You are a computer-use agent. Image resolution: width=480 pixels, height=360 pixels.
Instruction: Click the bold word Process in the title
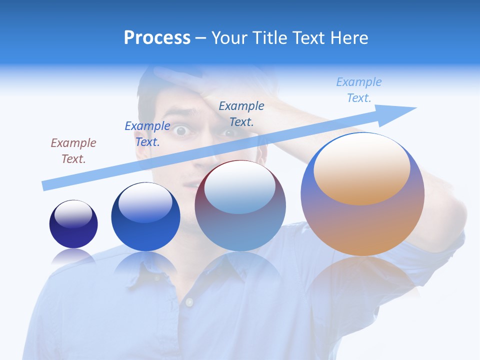point(157,38)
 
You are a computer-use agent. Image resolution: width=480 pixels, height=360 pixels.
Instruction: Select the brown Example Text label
point(73,151)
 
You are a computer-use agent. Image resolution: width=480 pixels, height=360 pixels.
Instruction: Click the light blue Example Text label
point(358,90)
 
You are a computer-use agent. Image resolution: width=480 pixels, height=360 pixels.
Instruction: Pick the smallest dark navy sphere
point(73,224)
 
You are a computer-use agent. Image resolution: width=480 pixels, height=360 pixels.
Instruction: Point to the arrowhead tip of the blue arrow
point(415,108)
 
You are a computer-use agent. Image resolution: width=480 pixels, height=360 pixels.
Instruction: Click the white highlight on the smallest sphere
point(73,213)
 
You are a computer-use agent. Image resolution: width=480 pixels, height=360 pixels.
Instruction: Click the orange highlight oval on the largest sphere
point(361,169)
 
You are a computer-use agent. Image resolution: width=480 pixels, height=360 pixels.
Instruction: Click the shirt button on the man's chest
point(189,302)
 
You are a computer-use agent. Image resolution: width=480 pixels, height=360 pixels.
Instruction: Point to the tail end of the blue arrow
point(44,186)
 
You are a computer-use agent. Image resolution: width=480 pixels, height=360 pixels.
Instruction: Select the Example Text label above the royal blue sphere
point(147,134)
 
